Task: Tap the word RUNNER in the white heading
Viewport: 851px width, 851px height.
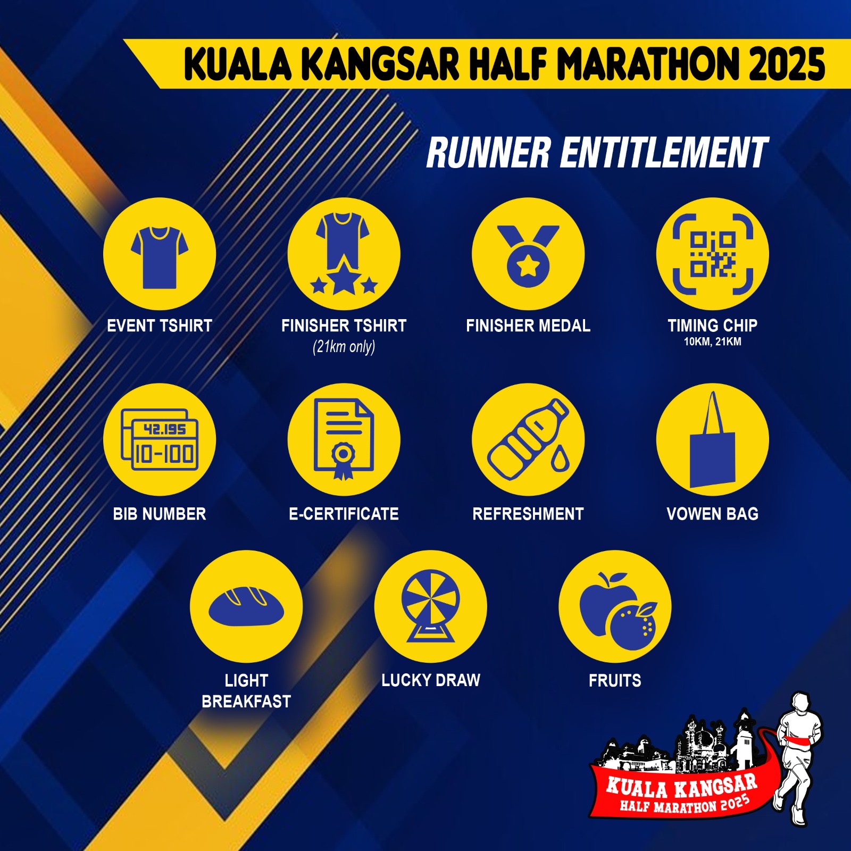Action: [488, 153]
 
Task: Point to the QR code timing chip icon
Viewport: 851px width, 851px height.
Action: [713, 254]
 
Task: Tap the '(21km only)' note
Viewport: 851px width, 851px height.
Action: [344, 347]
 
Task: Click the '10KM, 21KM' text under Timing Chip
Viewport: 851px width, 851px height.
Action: [713, 341]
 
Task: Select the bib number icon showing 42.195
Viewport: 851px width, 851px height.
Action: [160, 439]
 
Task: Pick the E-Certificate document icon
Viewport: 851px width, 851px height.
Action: [344, 439]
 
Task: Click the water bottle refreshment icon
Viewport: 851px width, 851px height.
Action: [528, 439]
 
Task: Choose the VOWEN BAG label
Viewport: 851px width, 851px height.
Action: [713, 514]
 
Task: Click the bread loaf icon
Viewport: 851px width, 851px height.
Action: [246, 606]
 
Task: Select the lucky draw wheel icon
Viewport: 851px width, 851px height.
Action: [431, 606]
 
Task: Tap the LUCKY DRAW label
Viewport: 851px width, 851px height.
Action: [431, 680]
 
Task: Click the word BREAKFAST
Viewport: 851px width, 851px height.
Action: [246, 702]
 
